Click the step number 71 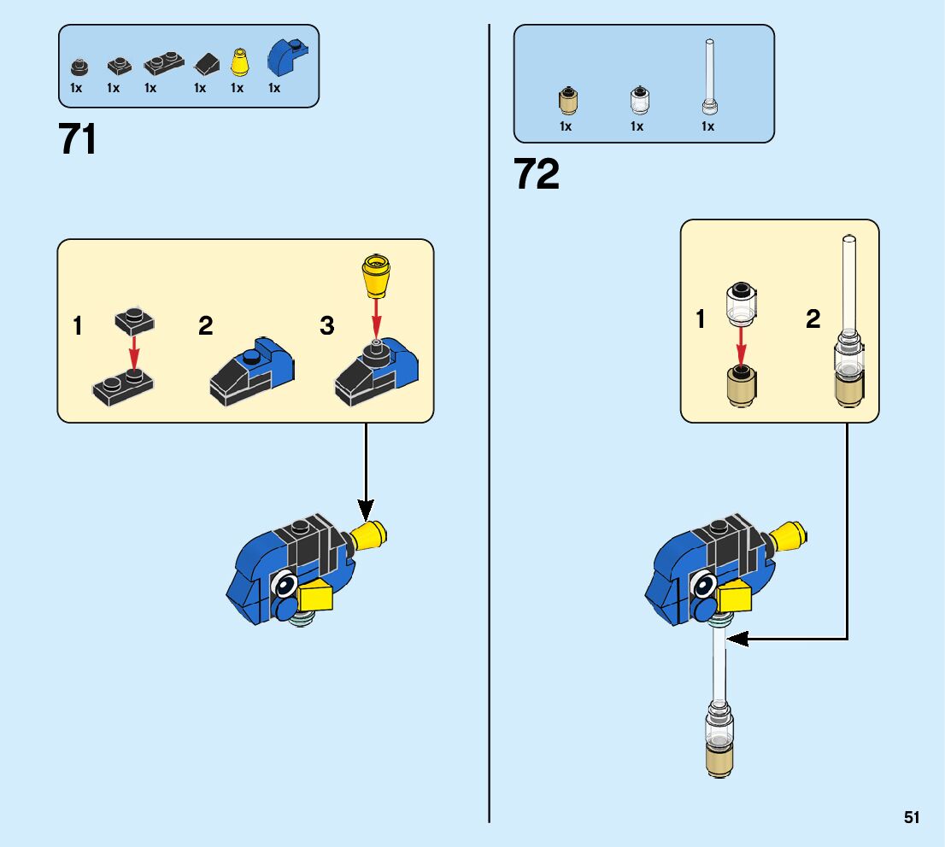coord(78,140)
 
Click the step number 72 coord(537,175)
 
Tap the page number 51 coord(912,818)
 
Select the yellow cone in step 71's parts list coord(239,62)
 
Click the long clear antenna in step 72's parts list coord(708,77)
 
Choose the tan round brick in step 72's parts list coord(566,102)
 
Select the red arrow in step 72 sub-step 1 coord(742,346)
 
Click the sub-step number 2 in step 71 coord(206,326)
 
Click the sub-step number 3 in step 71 coord(327,326)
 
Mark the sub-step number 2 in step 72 coord(813,320)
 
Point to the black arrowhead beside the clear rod coord(737,639)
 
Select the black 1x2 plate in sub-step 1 coord(122,388)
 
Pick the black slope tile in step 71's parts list coord(206,63)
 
